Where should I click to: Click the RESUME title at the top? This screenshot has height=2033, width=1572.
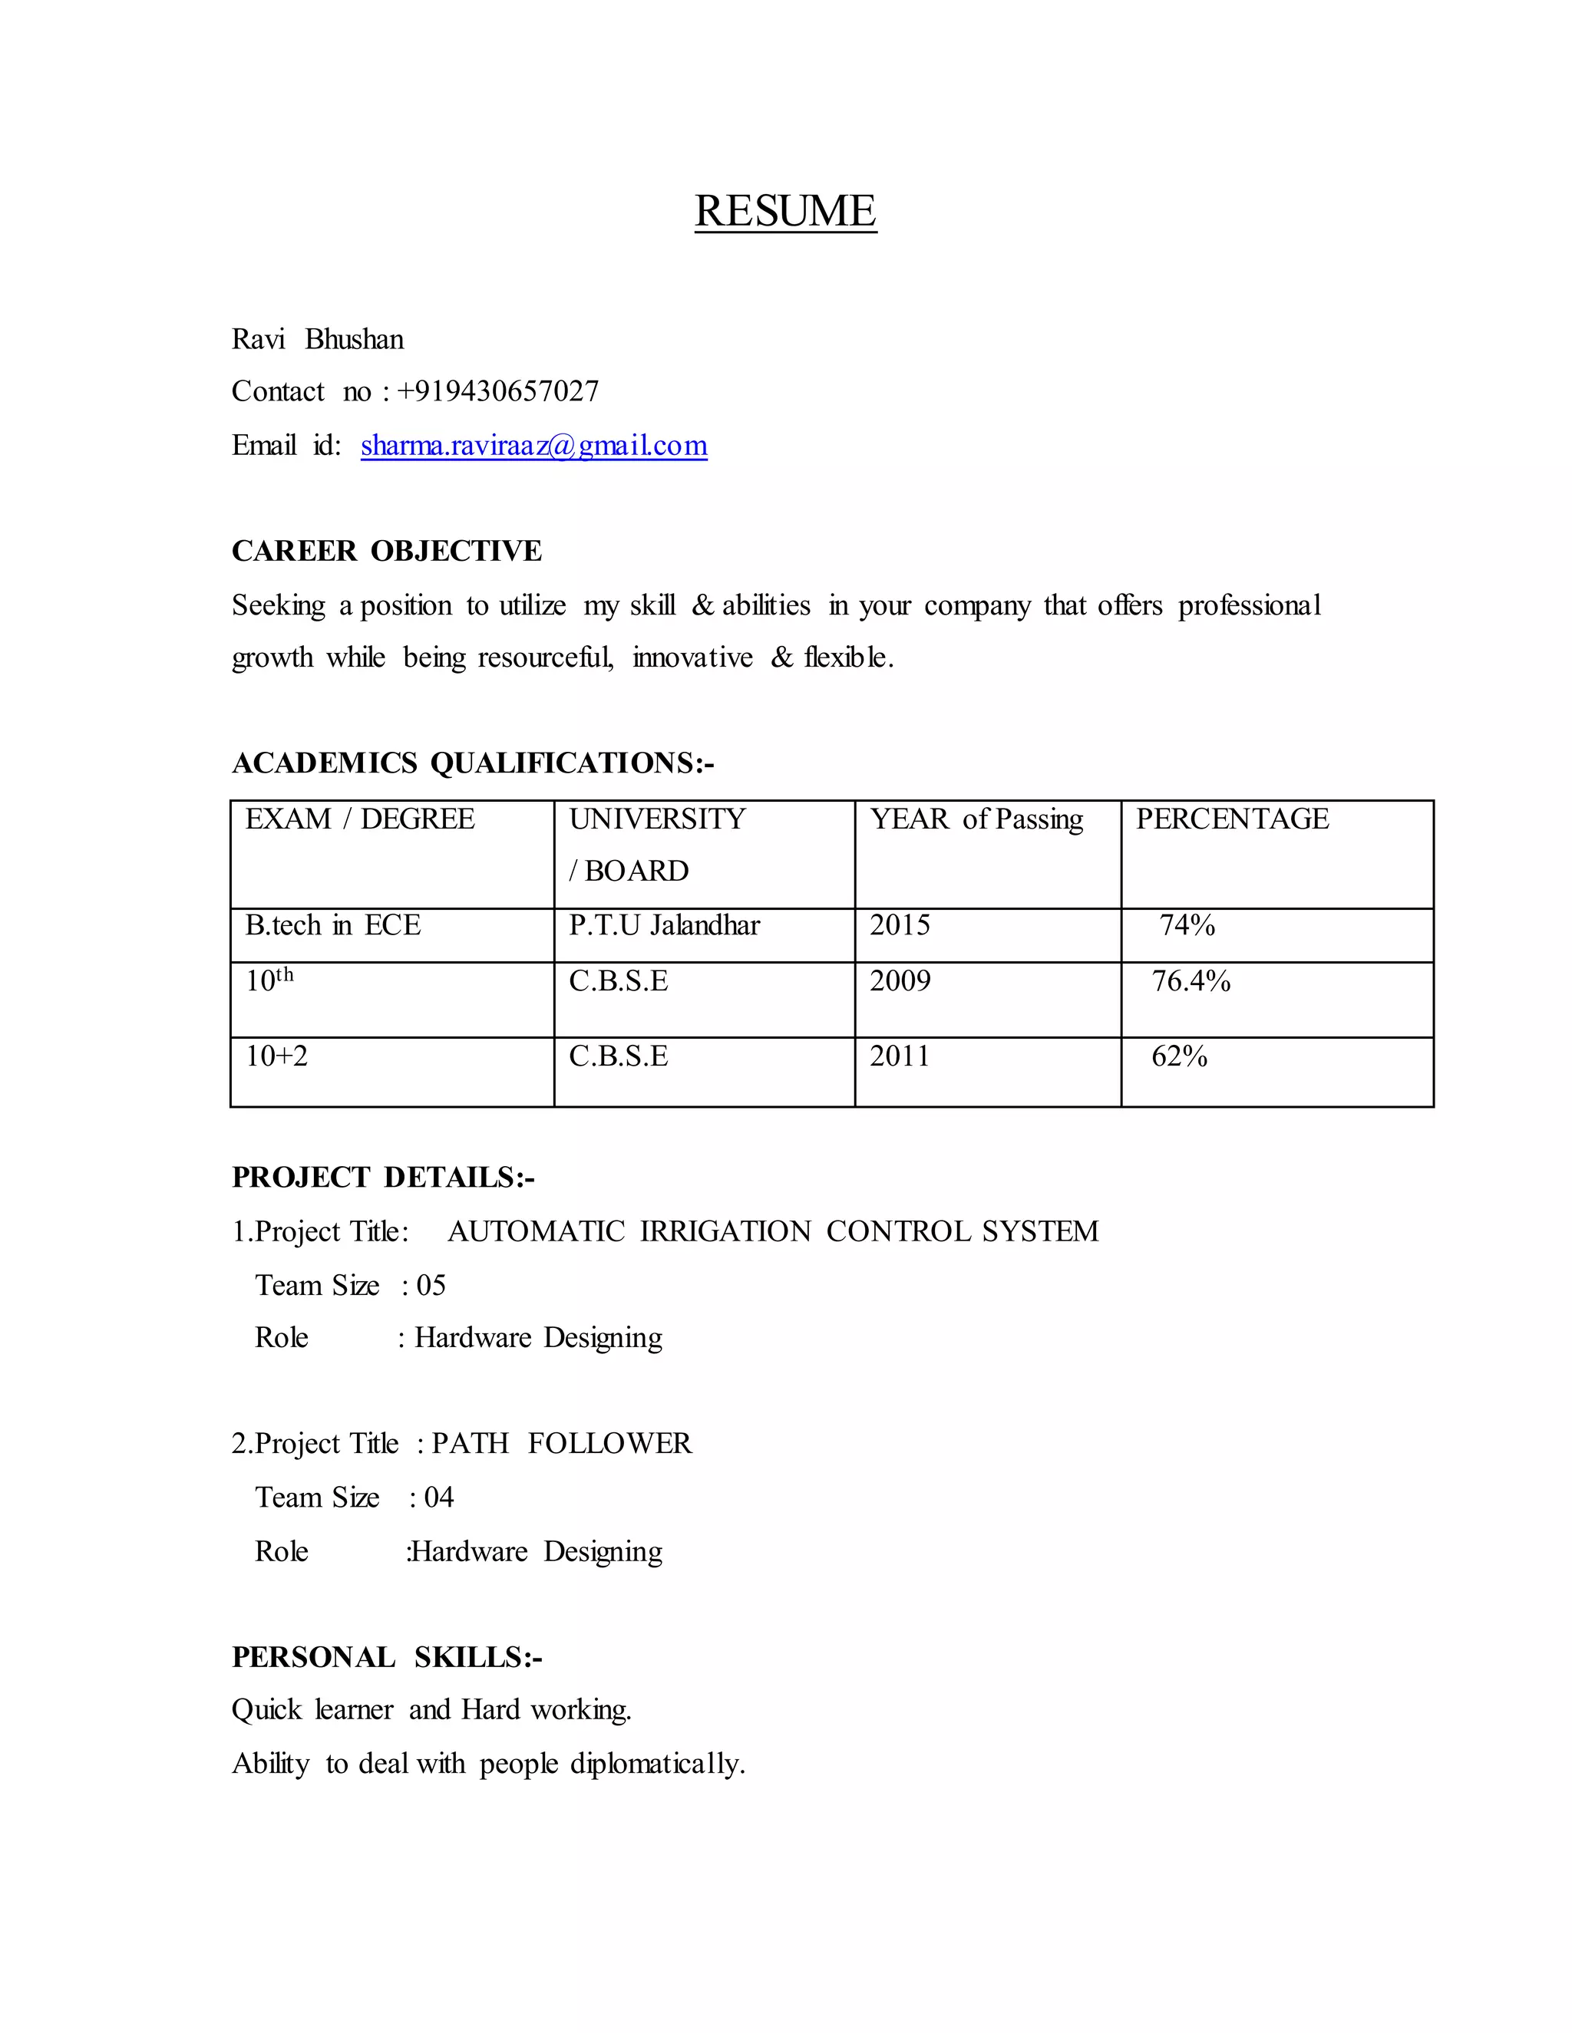pyautogui.click(x=785, y=211)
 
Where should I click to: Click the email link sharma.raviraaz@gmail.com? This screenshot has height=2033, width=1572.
pyautogui.click(x=533, y=446)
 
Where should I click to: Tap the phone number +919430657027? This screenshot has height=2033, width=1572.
pyautogui.click(x=497, y=391)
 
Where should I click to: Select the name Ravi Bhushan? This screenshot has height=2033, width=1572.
pyautogui.click(x=318, y=339)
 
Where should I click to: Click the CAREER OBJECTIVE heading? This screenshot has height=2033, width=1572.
pyautogui.click(x=387, y=551)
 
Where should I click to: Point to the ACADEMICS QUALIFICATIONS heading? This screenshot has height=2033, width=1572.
pyautogui.click(x=472, y=763)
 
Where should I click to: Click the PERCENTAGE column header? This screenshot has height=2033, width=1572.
pyautogui.click(x=1231, y=819)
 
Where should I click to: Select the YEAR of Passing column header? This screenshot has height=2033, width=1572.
pyautogui.click(x=976, y=819)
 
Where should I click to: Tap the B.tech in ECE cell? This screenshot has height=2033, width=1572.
pyautogui.click(x=332, y=925)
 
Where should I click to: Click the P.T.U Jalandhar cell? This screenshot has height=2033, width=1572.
pyautogui.click(x=664, y=925)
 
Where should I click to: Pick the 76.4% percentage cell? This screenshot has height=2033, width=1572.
pyautogui.click(x=1191, y=981)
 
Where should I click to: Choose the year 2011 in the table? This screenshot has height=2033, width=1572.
pyautogui.click(x=899, y=1056)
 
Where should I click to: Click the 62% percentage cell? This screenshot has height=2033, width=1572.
pyautogui.click(x=1179, y=1056)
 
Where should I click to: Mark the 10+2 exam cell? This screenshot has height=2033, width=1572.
pyautogui.click(x=276, y=1056)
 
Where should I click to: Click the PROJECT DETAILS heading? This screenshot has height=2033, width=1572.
pyautogui.click(x=383, y=1178)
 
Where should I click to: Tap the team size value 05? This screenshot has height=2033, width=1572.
pyautogui.click(x=431, y=1286)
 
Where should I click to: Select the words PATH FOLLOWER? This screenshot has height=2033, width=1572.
pyautogui.click(x=562, y=1444)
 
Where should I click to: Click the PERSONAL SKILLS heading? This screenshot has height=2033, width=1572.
pyautogui.click(x=387, y=1658)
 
